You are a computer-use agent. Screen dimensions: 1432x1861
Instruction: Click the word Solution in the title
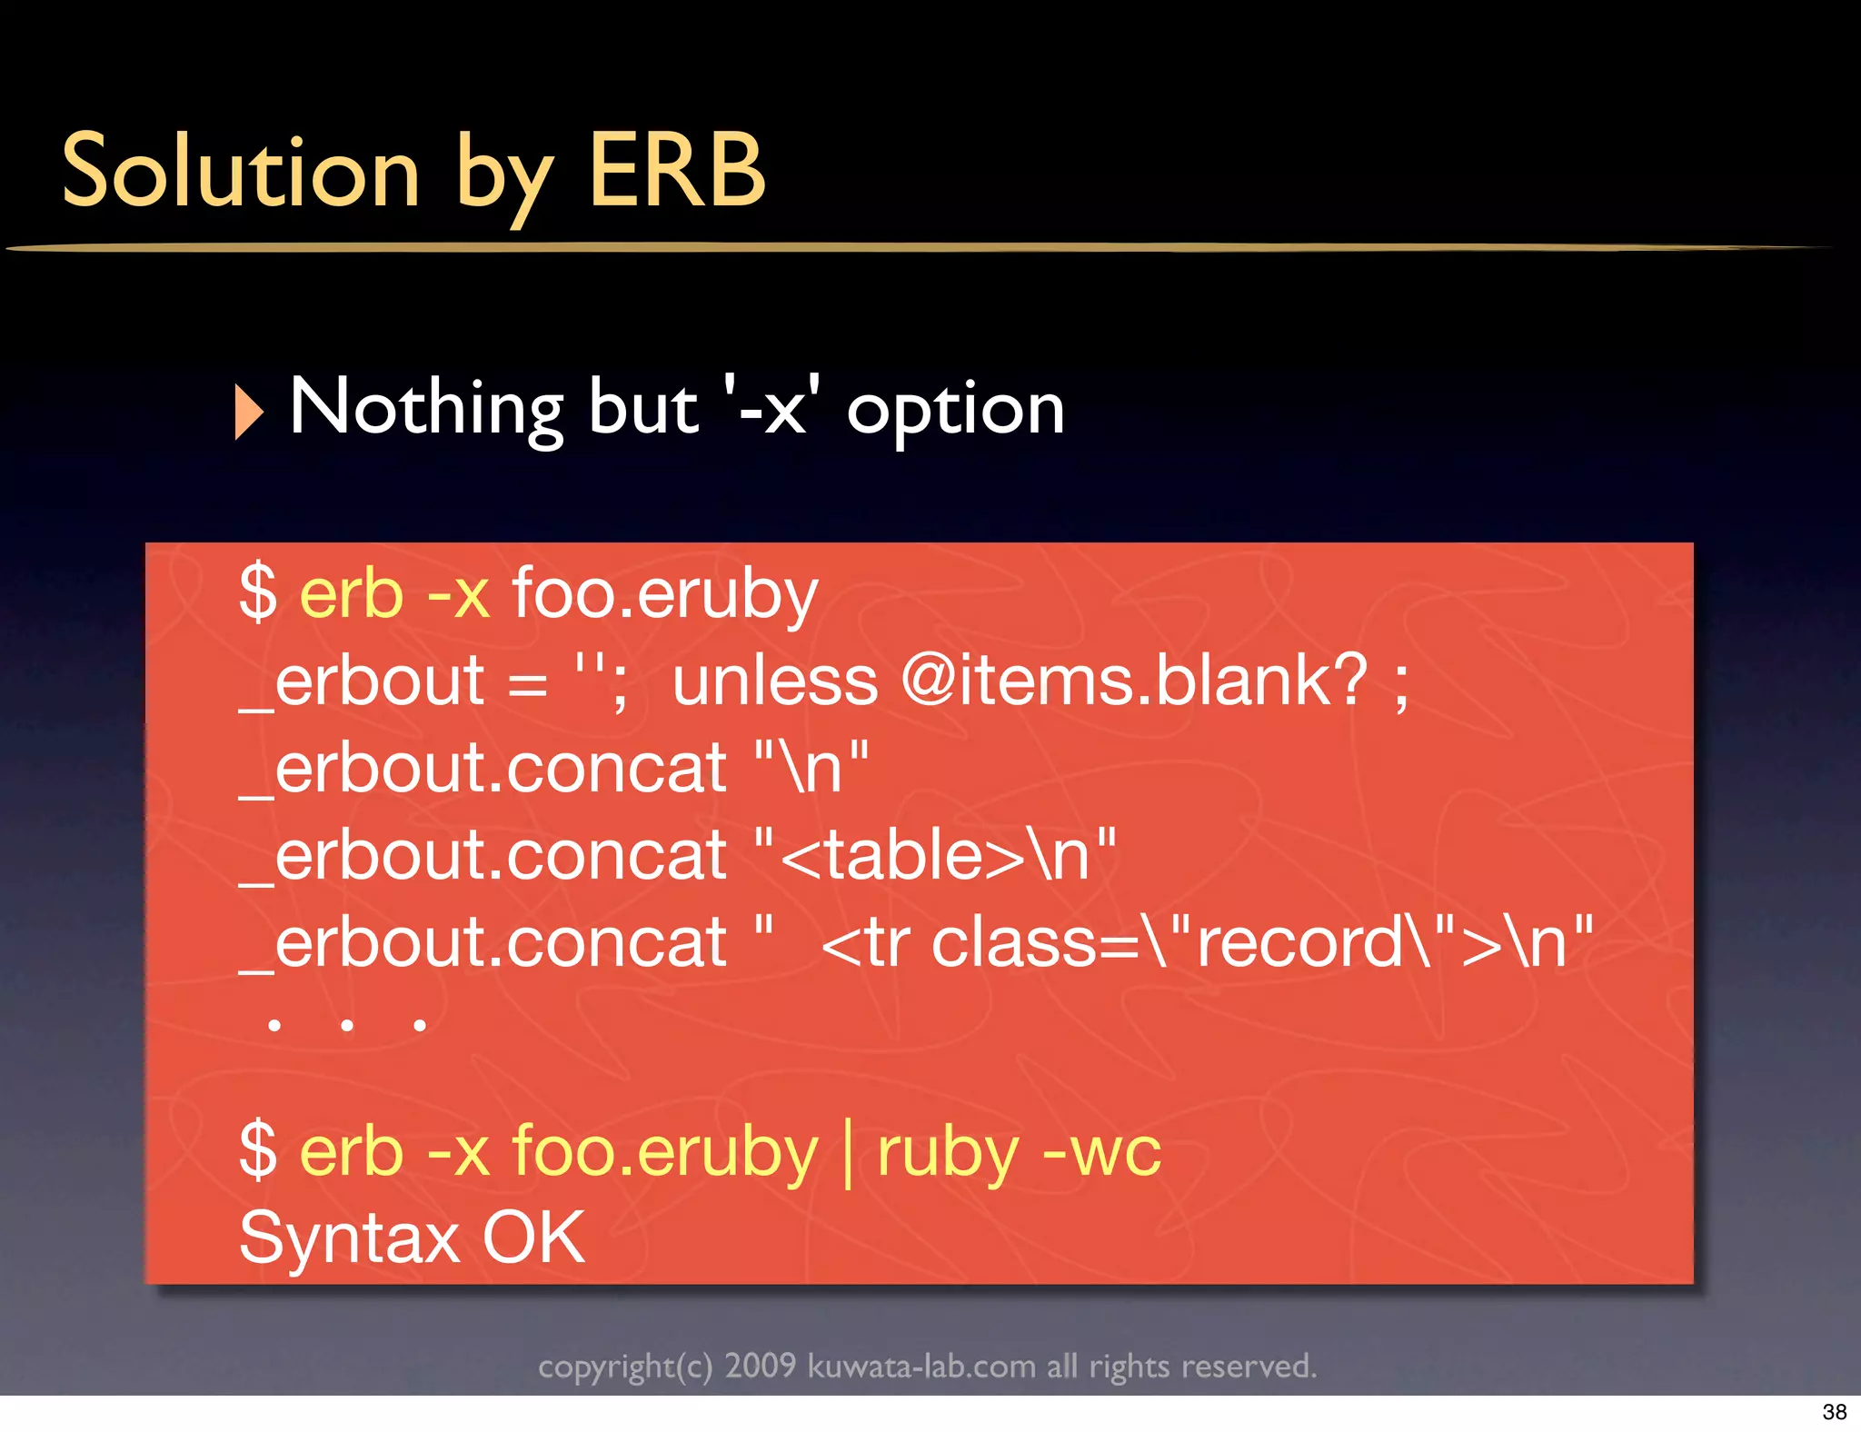[241, 171]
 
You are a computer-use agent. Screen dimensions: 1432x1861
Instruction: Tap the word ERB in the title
[677, 171]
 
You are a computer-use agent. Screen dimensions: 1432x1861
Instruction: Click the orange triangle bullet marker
[248, 412]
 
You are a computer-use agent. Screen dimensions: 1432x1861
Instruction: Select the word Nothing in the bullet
[426, 409]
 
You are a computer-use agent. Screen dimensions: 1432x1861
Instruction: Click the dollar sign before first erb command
[258, 592]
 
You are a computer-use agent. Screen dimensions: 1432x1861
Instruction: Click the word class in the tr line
[1014, 942]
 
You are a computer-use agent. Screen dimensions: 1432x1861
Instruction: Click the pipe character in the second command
[848, 1152]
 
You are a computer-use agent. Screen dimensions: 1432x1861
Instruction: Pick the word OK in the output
[533, 1238]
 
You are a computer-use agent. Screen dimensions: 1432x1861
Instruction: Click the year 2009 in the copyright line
[760, 1366]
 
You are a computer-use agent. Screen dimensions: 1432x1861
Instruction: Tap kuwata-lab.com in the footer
[921, 1366]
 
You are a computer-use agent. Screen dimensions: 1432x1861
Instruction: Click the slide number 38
[1834, 1412]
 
